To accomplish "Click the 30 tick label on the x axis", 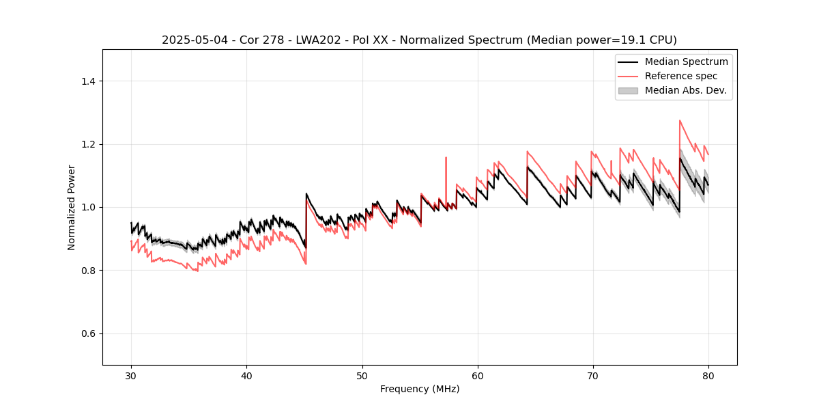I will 132,375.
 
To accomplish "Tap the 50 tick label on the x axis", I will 362,375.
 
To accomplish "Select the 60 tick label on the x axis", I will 478,375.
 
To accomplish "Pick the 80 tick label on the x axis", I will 708,375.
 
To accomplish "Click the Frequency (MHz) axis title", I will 420,389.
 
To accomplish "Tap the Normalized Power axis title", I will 72,207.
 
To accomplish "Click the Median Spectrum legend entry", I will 686,61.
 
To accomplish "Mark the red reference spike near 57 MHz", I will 446,158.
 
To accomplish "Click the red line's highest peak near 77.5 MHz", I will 680,121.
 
